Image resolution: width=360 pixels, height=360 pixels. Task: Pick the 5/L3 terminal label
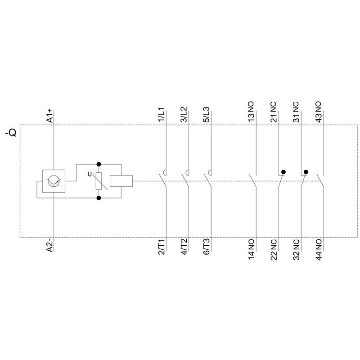pos(206,115)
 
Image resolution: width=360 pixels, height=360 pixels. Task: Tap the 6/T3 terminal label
pos(206,247)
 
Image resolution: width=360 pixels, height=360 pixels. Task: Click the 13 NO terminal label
pos(251,112)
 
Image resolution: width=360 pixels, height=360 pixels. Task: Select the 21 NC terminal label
pos(274,112)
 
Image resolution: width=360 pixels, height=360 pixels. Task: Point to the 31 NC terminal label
pos(296,112)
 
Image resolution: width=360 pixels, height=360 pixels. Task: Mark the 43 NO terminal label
pos(318,112)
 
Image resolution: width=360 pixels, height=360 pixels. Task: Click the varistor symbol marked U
pos(99,181)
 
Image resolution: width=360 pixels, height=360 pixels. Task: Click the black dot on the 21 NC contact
pos(283,172)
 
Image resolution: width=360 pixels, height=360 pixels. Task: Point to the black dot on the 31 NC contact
pos(306,172)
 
